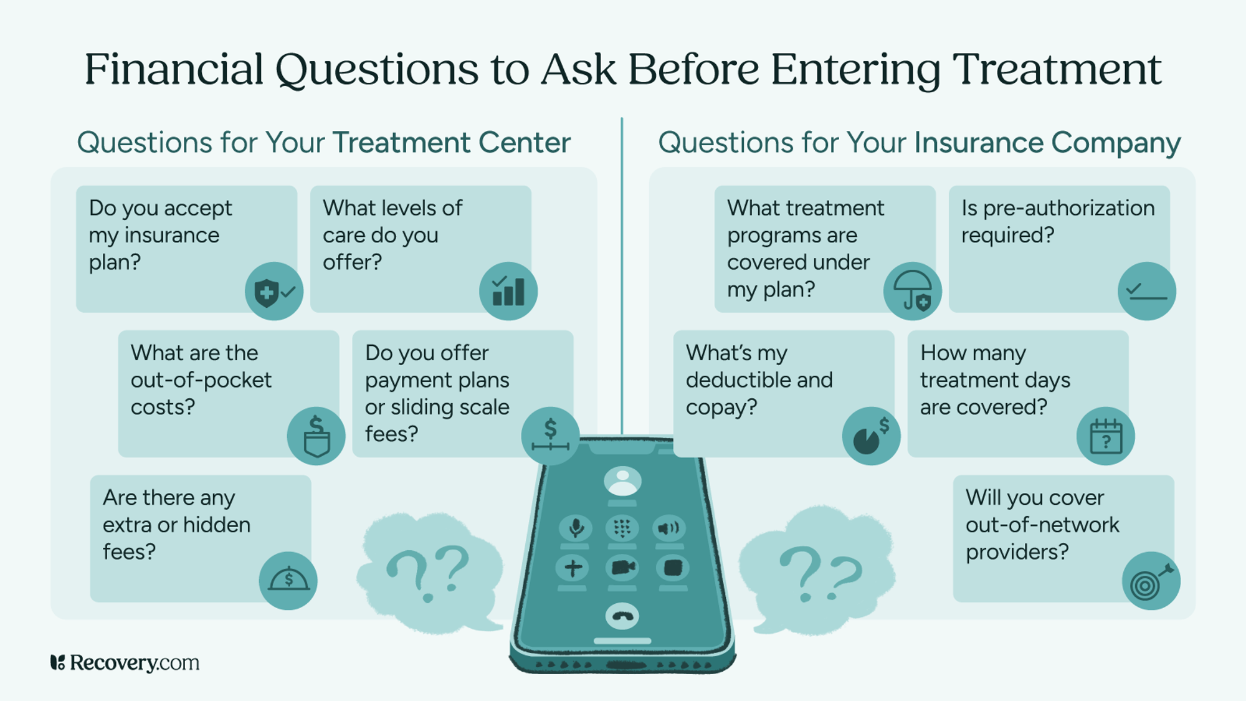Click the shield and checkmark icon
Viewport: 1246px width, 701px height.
point(273,292)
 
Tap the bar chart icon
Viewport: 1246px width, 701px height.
point(508,292)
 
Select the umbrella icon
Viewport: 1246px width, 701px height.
point(912,292)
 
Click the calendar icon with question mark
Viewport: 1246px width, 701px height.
point(1105,436)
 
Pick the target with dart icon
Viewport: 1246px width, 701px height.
point(1150,581)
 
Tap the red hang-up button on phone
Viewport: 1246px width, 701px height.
point(622,616)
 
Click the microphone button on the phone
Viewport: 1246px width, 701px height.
point(575,528)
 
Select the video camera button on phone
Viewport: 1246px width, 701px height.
point(622,568)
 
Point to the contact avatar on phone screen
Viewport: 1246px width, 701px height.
point(622,482)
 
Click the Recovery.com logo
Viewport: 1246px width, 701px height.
point(125,662)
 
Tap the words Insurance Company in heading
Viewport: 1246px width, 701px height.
point(1047,143)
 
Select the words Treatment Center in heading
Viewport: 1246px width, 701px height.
point(452,143)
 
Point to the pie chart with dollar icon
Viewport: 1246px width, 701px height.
point(870,436)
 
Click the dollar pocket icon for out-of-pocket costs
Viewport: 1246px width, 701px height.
point(316,436)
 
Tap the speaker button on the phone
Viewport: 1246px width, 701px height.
point(668,528)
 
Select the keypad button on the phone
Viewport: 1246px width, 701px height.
point(622,528)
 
